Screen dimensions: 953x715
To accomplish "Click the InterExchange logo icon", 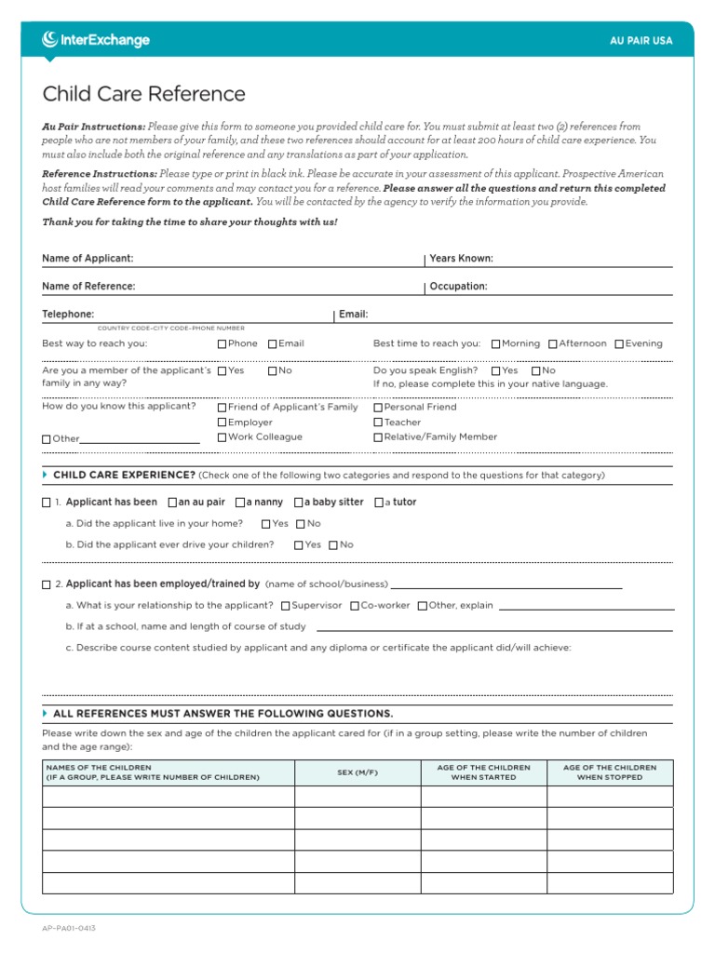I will pos(51,39).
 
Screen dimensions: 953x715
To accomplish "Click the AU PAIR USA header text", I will pos(641,41).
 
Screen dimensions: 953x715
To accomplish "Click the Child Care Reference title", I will pos(144,94).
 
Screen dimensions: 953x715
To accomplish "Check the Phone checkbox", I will pos(223,344).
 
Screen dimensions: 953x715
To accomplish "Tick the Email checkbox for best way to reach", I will pos(273,344).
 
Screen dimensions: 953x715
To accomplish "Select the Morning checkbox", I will pos(496,344).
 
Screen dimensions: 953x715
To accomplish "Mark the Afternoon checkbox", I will pos(553,344).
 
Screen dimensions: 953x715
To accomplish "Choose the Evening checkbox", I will pos(619,344).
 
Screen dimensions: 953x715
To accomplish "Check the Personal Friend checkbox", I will pos(379,408).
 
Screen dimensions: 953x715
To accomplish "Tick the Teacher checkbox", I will pos(379,423).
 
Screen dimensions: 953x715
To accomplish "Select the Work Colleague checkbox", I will pos(223,437).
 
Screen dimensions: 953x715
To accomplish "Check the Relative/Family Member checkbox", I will pos(379,437).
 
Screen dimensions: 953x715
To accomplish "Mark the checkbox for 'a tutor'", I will pos(379,503).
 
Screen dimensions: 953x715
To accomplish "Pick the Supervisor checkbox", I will pos(286,606).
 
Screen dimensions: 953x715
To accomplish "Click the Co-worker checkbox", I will pos(355,606).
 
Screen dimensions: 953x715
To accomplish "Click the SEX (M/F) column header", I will pos(357,772).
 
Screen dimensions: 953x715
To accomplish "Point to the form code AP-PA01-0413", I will pos(69,928).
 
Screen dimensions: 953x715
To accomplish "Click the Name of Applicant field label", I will pos(88,258).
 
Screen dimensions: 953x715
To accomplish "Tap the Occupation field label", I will pos(458,287).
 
